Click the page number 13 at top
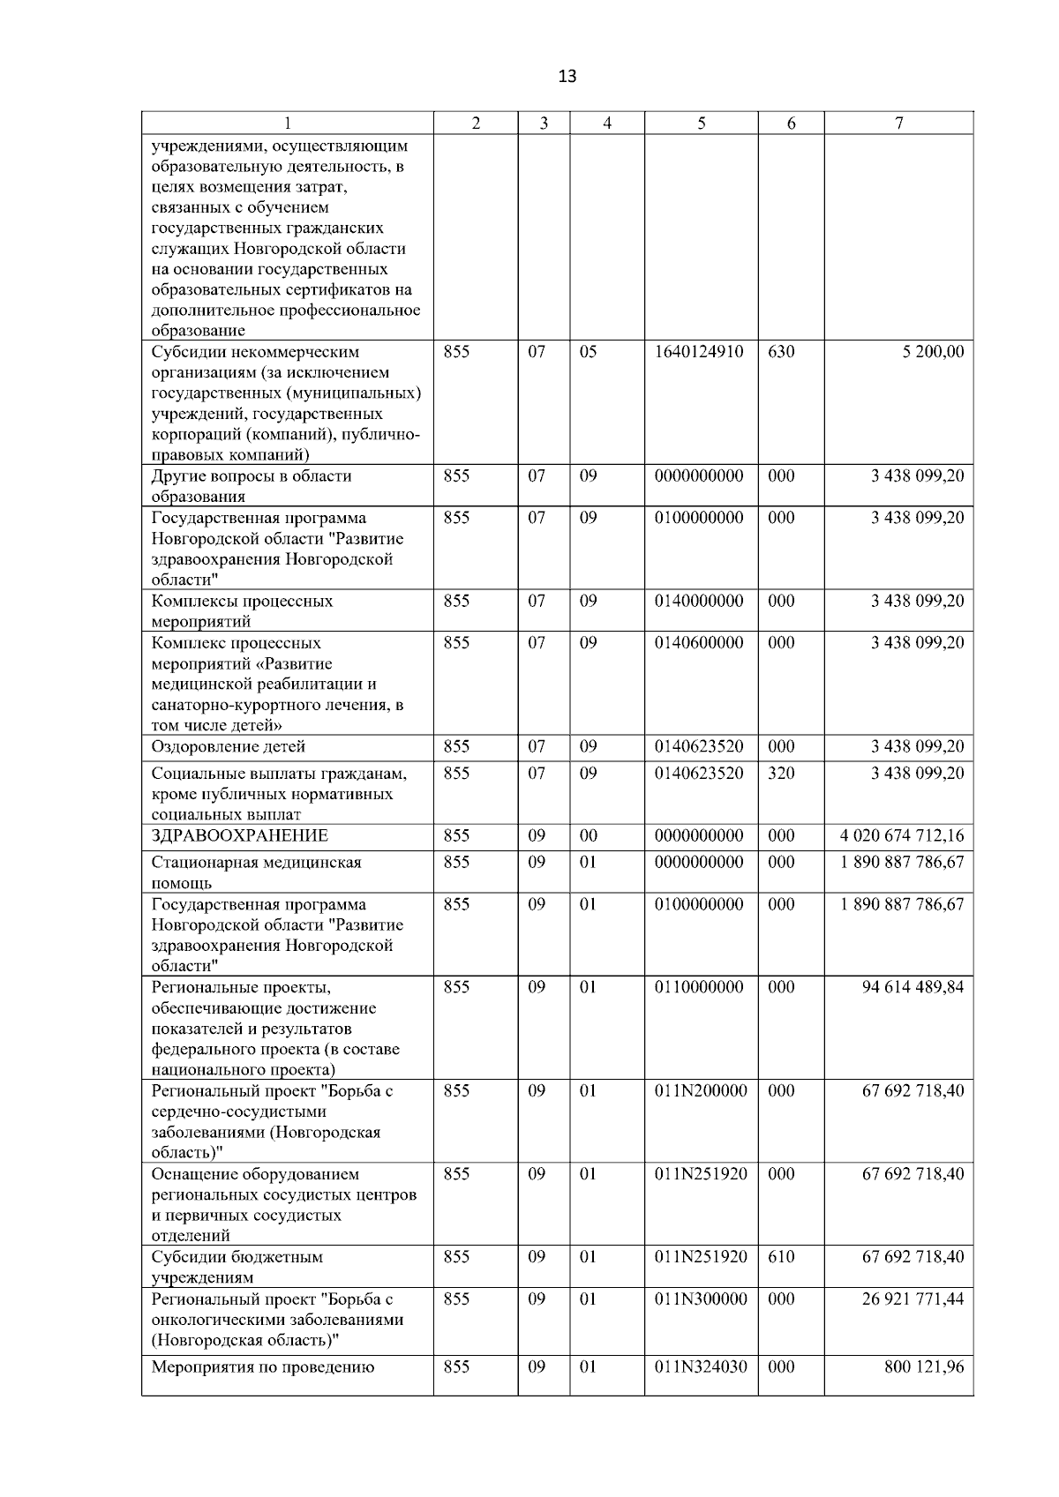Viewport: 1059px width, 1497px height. click(x=567, y=77)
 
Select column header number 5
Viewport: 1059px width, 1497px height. click(x=701, y=124)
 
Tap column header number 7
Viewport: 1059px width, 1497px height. click(x=898, y=124)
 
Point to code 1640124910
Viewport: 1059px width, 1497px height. click(x=699, y=352)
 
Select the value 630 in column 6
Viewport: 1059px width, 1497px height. click(x=781, y=352)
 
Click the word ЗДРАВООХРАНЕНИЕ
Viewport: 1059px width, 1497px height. click(x=239, y=835)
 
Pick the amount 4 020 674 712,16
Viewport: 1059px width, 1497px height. click(x=902, y=835)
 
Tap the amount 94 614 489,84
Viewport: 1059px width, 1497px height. click(x=913, y=987)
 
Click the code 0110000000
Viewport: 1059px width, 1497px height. click(x=699, y=987)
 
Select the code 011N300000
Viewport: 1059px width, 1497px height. click(x=701, y=1299)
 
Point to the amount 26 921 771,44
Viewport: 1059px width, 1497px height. click(x=913, y=1299)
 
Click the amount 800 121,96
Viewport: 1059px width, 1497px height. click(x=924, y=1367)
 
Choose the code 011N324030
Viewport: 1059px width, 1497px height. click(x=701, y=1367)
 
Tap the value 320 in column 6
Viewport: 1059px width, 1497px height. click(x=781, y=774)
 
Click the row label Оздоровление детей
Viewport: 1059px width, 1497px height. click(x=228, y=747)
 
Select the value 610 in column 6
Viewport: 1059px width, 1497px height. click(x=781, y=1257)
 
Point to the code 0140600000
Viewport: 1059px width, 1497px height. click(x=699, y=643)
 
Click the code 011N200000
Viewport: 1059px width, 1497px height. click(x=701, y=1091)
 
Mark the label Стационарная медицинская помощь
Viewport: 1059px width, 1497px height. click(x=256, y=872)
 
